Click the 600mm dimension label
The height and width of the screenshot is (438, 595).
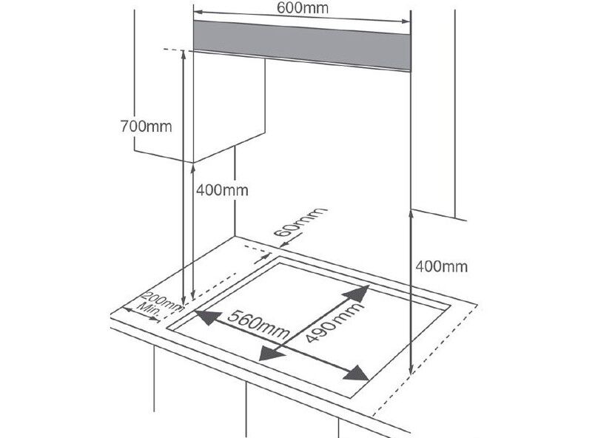(303, 7)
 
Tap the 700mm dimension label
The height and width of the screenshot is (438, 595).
(146, 127)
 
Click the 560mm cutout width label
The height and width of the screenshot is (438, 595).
(258, 324)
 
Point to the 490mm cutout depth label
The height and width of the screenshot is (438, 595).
(334, 323)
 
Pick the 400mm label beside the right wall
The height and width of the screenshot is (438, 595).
(442, 266)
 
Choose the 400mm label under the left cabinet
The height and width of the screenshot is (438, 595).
(222, 190)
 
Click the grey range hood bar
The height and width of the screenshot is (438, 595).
(302, 46)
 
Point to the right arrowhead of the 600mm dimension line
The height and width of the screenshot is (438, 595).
(406, 21)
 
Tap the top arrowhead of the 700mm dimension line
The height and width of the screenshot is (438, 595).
(184, 54)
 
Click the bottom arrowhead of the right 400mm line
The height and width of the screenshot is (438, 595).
(411, 369)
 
